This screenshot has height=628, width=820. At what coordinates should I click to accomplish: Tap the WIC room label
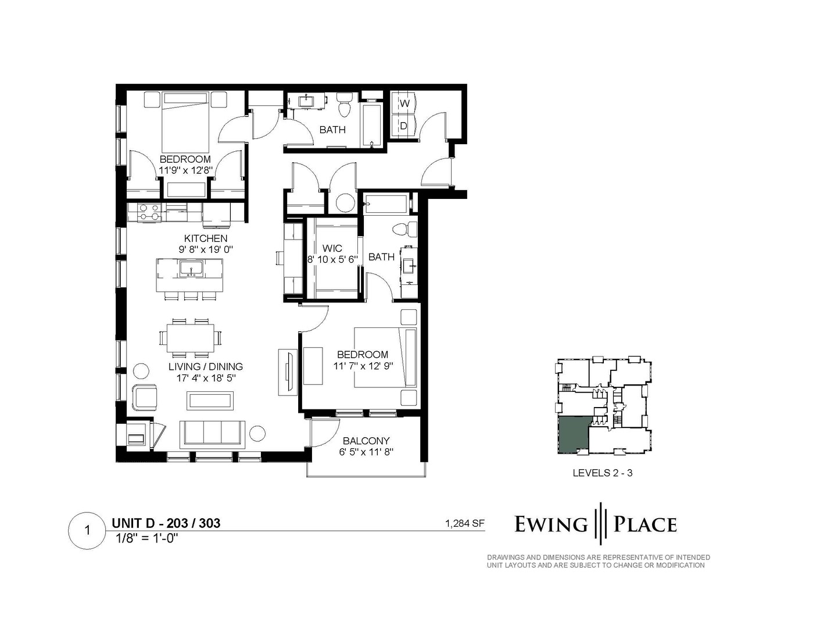pyautogui.click(x=332, y=248)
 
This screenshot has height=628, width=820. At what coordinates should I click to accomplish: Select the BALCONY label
pyautogui.click(x=366, y=441)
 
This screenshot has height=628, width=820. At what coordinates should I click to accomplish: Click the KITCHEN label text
pyautogui.click(x=206, y=238)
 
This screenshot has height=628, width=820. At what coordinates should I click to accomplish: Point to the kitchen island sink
pyautogui.click(x=191, y=269)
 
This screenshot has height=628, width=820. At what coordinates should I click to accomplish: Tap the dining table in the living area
pyautogui.click(x=191, y=337)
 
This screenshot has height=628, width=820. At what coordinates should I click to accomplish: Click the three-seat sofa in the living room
pyautogui.click(x=212, y=434)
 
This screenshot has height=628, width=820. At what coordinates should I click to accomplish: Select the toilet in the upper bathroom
pyautogui.click(x=343, y=106)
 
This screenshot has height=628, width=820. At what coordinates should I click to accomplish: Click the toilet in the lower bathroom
pyautogui.click(x=404, y=229)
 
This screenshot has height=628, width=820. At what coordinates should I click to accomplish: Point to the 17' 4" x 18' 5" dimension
pyautogui.click(x=206, y=379)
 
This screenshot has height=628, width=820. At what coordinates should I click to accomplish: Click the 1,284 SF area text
pyautogui.click(x=464, y=523)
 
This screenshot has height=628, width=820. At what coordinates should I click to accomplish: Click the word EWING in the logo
pyautogui.click(x=551, y=524)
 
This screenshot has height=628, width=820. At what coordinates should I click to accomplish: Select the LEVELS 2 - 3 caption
pyautogui.click(x=603, y=473)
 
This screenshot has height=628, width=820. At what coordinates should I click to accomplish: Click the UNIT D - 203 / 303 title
pyautogui.click(x=166, y=523)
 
